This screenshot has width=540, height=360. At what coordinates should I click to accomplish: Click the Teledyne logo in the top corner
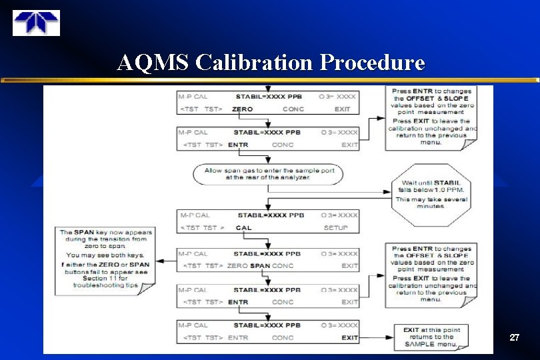tap(36, 23)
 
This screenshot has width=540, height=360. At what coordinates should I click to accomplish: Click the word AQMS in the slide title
tap(153, 63)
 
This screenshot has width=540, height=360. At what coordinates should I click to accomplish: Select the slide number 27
tap(514, 338)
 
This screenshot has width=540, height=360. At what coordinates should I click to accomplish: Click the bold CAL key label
tap(244, 227)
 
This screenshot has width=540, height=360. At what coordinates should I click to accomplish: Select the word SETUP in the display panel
tap(336, 227)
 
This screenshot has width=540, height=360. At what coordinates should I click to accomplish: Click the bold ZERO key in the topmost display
tap(242, 109)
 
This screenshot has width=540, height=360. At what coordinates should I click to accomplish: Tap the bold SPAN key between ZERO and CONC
tap(260, 266)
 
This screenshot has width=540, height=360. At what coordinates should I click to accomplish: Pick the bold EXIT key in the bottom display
tap(350, 338)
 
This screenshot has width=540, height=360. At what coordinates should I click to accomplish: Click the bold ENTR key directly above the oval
tap(238, 145)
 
